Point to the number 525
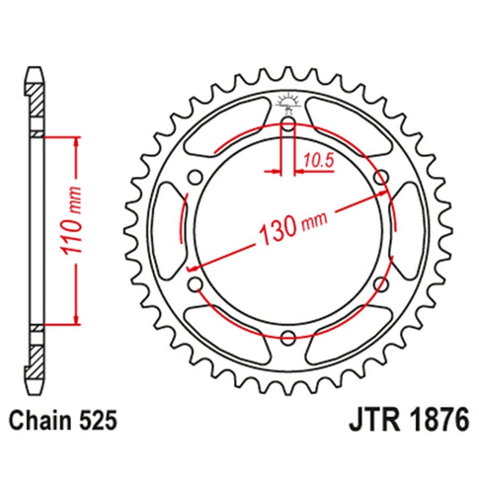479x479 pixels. (102, 421)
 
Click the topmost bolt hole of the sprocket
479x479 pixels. (287, 126)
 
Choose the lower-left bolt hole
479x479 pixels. (196, 285)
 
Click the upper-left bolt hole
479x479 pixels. (196, 180)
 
